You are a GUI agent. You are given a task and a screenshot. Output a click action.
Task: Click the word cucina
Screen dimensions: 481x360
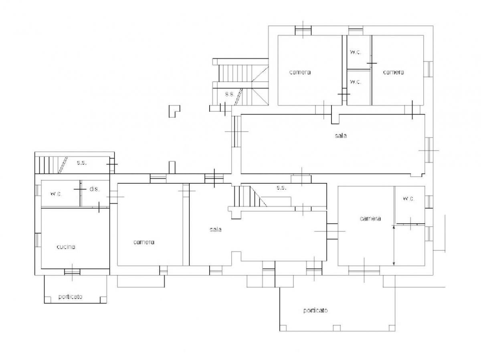[x=66, y=247]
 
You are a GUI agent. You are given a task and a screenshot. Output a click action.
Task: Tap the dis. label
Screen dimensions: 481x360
[x=94, y=189]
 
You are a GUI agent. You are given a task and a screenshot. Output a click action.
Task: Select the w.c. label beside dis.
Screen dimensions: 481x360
[x=56, y=194]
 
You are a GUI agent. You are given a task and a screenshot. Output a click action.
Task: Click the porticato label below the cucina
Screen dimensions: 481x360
[x=70, y=297]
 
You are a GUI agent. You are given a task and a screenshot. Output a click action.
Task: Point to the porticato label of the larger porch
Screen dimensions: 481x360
[x=315, y=310]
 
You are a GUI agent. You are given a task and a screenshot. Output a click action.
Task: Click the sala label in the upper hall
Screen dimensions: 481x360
[x=341, y=136]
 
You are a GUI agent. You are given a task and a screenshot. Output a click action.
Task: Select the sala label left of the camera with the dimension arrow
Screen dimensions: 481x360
[x=215, y=229]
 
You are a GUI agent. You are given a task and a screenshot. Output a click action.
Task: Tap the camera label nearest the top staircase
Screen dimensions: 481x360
[x=300, y=72]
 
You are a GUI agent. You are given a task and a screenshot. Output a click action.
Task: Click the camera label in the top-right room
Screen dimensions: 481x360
[x=393, y=72]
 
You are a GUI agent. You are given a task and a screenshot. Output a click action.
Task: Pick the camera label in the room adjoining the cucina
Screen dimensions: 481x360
[x=144, y=242]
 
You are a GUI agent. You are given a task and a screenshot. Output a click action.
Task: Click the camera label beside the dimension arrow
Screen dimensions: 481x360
[x=370, y=218]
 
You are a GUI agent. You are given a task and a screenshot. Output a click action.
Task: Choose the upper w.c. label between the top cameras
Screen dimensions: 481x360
[x=356, y=52]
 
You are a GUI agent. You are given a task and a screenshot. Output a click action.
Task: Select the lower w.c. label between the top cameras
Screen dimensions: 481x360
[x=356, y=82]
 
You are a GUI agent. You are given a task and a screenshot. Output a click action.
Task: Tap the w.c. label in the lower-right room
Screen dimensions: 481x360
[x=409, y=199]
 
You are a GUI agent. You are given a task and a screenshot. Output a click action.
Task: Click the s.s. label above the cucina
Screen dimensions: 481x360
[x=81, y=163]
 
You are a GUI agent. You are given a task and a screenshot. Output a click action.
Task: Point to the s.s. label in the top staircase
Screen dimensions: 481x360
[x=230, y=94]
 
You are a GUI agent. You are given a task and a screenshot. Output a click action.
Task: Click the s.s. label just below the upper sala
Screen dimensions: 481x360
[x=281, y=187]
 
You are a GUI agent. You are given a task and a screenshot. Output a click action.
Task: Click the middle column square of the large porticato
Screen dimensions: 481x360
[x=337, y=328]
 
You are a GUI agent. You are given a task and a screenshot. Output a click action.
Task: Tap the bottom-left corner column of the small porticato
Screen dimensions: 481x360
[x=48, y=300]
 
